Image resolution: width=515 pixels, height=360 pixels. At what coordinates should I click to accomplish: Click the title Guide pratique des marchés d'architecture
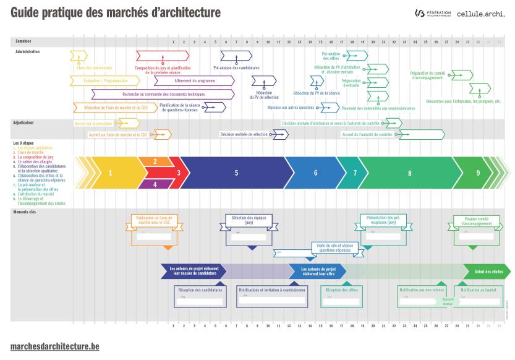[x=115, y=12]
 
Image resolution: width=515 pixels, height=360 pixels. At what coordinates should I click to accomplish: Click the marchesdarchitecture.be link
[x=54, y=346]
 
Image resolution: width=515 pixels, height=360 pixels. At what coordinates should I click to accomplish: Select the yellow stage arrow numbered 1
[x=111, y=173]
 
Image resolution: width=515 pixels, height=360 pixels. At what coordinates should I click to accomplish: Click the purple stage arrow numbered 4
[x=155, y=184]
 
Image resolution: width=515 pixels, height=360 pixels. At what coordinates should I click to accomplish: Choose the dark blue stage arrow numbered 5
[x=236, y=173]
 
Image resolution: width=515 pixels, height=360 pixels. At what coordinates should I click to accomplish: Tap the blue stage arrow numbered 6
[x=315, y=173]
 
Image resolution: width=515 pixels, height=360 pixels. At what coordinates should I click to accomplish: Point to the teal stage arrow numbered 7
[x=355, y=173]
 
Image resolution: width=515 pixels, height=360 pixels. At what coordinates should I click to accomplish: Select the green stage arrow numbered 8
[x=409, y=173]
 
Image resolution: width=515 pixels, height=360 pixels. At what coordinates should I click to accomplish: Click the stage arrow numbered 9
[x=478, y=173]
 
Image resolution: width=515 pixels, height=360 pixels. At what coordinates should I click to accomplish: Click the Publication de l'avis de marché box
[x=154, y=228]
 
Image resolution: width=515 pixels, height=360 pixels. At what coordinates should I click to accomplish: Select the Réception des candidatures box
[x=200, y=296]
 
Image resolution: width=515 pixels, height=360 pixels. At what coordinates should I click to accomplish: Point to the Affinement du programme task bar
[x=185, y=80]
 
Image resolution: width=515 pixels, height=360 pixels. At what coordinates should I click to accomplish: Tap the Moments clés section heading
[x=25, y=212]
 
